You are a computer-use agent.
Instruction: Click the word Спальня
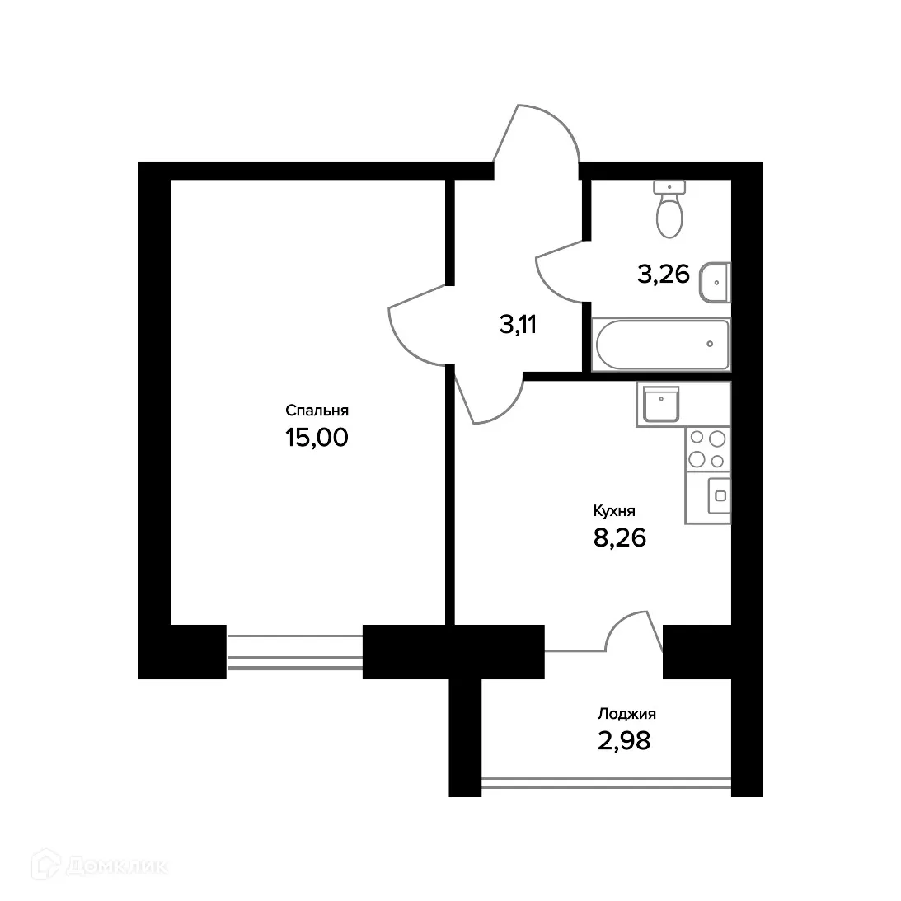[x=317, y=411]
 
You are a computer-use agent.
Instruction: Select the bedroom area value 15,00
[x=317, y=437]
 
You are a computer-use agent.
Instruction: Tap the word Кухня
[x=614, y=511]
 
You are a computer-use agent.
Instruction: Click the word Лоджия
[x=626, y=715]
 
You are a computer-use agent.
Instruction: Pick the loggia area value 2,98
[x=624, y=741]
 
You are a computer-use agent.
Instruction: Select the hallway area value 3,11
[x=518, y=325]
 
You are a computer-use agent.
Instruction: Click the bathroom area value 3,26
[x=663, y=273]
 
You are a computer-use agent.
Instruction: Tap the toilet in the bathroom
[x=669, y=209]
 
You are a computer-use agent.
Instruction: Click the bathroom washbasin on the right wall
[x=715, y=282]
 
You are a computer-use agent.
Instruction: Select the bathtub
[x=661, y=345]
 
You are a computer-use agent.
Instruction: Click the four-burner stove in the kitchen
[x=707, y=450]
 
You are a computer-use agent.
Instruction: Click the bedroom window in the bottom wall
[x=294, y=651]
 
